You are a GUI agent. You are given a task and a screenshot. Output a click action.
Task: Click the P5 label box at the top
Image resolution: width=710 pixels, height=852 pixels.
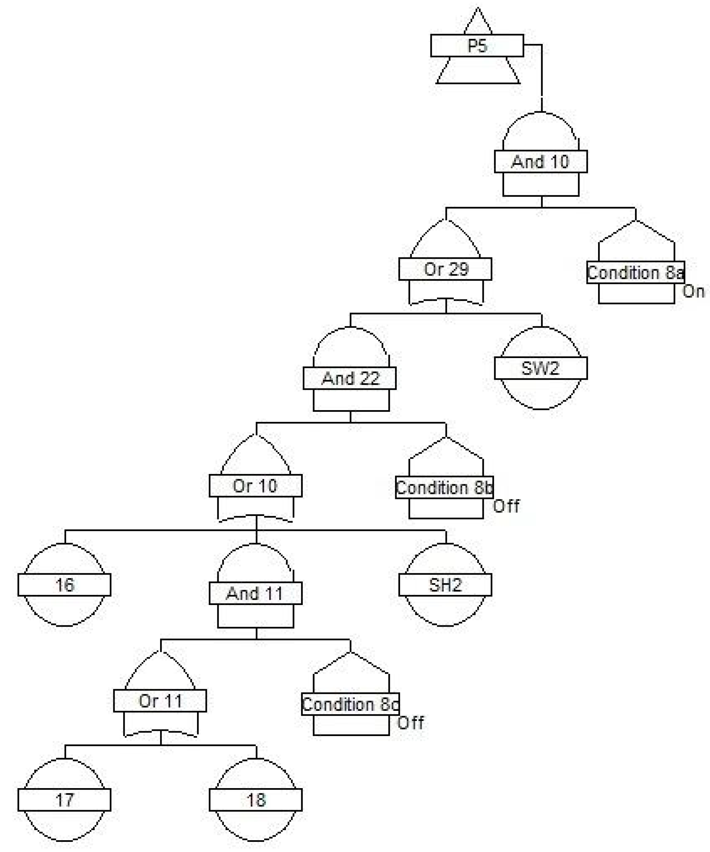coord(477,46)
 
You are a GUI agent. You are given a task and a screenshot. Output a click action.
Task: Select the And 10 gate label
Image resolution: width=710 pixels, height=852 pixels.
coord(540,161)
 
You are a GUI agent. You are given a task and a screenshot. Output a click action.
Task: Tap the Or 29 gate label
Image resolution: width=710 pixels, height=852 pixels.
coord(445,269)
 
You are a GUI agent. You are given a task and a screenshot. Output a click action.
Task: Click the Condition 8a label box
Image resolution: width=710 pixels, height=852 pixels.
coord(635,273)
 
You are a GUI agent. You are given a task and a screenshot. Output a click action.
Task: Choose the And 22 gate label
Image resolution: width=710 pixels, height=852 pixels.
coord(350,378)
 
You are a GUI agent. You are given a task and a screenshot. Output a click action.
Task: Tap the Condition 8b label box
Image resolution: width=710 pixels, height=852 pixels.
coord(444,488)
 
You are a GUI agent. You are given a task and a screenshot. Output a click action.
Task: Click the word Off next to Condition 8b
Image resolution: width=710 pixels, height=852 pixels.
coord(506,506)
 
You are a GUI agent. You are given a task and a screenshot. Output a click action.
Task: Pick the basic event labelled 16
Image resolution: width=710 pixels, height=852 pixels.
coord(64,585)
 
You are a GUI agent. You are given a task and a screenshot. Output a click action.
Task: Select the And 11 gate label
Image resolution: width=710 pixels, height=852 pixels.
coord(255,593)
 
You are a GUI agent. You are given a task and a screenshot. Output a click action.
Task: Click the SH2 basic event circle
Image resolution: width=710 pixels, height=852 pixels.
coord(445,585)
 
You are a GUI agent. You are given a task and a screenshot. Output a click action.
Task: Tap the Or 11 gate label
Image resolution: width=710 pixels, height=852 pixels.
coord(160,701)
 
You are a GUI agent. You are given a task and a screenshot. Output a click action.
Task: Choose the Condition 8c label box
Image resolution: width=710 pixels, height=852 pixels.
coord(350,704)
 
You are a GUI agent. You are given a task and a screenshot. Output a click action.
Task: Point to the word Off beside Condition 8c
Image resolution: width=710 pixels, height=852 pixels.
coord(410,723)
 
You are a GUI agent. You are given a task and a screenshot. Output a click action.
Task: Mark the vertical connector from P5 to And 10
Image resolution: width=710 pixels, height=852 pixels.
coord(542,77)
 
